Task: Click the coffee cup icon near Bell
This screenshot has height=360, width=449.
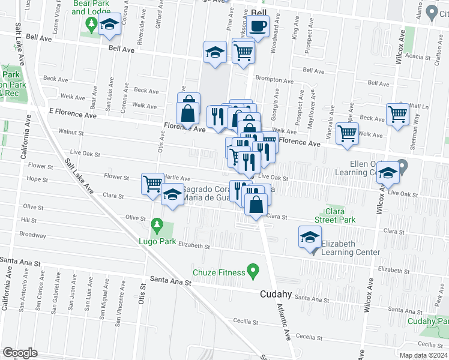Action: pos(258,26)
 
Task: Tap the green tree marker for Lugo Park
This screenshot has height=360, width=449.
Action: pos(157,226)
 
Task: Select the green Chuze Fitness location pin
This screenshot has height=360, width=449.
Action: pos(253,272)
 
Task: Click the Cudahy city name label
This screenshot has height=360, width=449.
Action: pos(276,294)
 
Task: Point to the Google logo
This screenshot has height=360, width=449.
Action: pos(20,353)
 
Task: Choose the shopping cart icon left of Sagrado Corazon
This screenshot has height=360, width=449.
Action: pos(152,182)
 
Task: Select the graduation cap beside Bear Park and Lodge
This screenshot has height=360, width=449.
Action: pos(109,25)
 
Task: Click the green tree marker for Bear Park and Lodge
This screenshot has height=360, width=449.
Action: pos(91,25)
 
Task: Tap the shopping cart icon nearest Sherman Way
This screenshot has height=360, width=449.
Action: pos(397,113)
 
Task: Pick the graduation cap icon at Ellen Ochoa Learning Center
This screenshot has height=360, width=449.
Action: pos(388,174)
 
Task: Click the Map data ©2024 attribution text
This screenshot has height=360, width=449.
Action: pos(423,355)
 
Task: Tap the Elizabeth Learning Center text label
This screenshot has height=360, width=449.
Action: pos(351,248)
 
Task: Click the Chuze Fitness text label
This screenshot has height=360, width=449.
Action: pos(218,272)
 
